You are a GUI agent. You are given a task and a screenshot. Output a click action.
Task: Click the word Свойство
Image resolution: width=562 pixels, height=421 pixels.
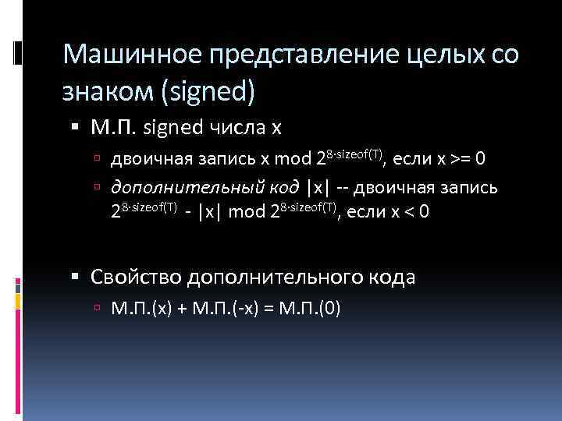pyautogui.click(x=136, y=276)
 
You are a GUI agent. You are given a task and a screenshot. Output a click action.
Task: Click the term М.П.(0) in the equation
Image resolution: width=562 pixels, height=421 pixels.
pyautogui.click(x=311, y=308)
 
